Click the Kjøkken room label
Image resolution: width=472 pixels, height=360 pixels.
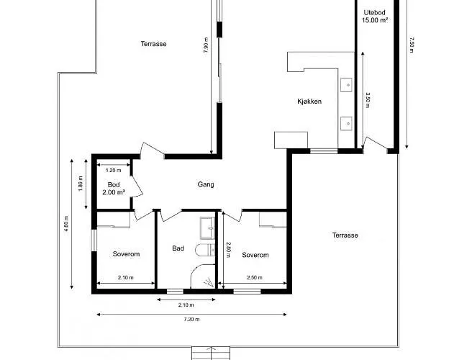point(309,102)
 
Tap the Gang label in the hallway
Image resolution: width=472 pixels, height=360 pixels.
point(206,184)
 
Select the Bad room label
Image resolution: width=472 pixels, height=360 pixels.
point(178,248)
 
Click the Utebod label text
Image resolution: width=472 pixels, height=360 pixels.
point(374,13)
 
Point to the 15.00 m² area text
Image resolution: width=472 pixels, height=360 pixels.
point(374,20)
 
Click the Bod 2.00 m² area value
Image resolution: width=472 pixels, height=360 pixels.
point(114,192)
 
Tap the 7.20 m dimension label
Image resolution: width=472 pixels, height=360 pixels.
point(191,320)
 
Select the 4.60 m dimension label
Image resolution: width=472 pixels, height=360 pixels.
point(66,224)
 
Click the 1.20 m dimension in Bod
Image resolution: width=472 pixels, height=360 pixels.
point(114,170)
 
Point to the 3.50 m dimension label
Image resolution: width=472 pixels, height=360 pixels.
point(367,100)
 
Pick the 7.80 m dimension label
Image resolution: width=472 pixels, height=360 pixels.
point(206,45)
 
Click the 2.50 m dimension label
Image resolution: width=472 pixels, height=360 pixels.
point(255,277)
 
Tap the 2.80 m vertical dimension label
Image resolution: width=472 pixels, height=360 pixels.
point(228,250)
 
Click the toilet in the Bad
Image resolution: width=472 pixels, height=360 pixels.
point(204,250)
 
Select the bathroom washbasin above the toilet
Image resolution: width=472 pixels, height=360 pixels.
point(208,228)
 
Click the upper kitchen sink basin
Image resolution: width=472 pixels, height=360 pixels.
point(347,85)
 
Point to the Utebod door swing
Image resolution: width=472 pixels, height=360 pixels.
point(375,143)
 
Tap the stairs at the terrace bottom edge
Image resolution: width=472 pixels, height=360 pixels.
point(211,353)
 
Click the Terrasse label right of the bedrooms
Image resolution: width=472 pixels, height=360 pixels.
point(345,235)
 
